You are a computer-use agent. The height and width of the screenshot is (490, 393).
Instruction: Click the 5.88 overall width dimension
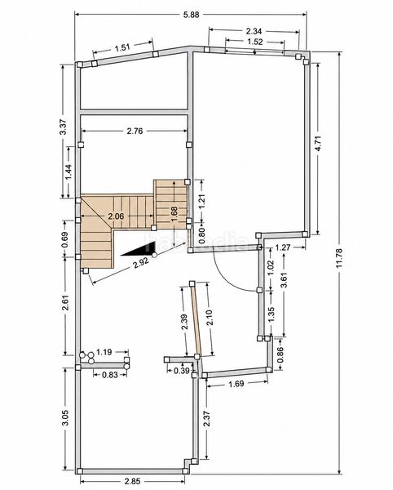pos(191,15)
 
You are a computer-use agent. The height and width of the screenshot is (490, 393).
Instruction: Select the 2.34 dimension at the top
pos(254,31)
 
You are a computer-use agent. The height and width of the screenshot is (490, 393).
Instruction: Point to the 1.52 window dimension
pos(255,42)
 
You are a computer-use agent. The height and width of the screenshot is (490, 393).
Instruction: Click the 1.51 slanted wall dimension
pos(122,48)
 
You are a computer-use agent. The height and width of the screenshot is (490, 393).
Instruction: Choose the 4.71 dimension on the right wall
pos(318,143)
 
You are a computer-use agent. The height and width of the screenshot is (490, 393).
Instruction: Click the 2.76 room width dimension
pos(135,131)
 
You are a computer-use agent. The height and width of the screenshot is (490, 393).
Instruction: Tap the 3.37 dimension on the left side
pos(63,127)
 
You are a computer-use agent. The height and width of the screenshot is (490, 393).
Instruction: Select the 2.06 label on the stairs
pos(116,216)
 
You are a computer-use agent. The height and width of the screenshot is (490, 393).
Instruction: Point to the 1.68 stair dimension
pos(174,214)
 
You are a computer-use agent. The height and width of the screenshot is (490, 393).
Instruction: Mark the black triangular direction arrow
pos(138,249)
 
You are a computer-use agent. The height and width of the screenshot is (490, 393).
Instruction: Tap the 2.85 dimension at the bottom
pos(132,480)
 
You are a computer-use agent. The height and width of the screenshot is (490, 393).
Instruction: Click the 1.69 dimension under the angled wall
pos(236,384)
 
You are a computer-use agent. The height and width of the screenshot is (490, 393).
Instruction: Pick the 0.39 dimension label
pos(181,371)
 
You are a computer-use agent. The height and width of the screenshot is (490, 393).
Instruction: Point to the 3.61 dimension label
pos(284,281)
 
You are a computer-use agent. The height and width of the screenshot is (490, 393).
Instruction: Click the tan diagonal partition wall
pos(196,319)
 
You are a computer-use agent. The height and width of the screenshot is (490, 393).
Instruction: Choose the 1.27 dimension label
pos(283,247)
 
